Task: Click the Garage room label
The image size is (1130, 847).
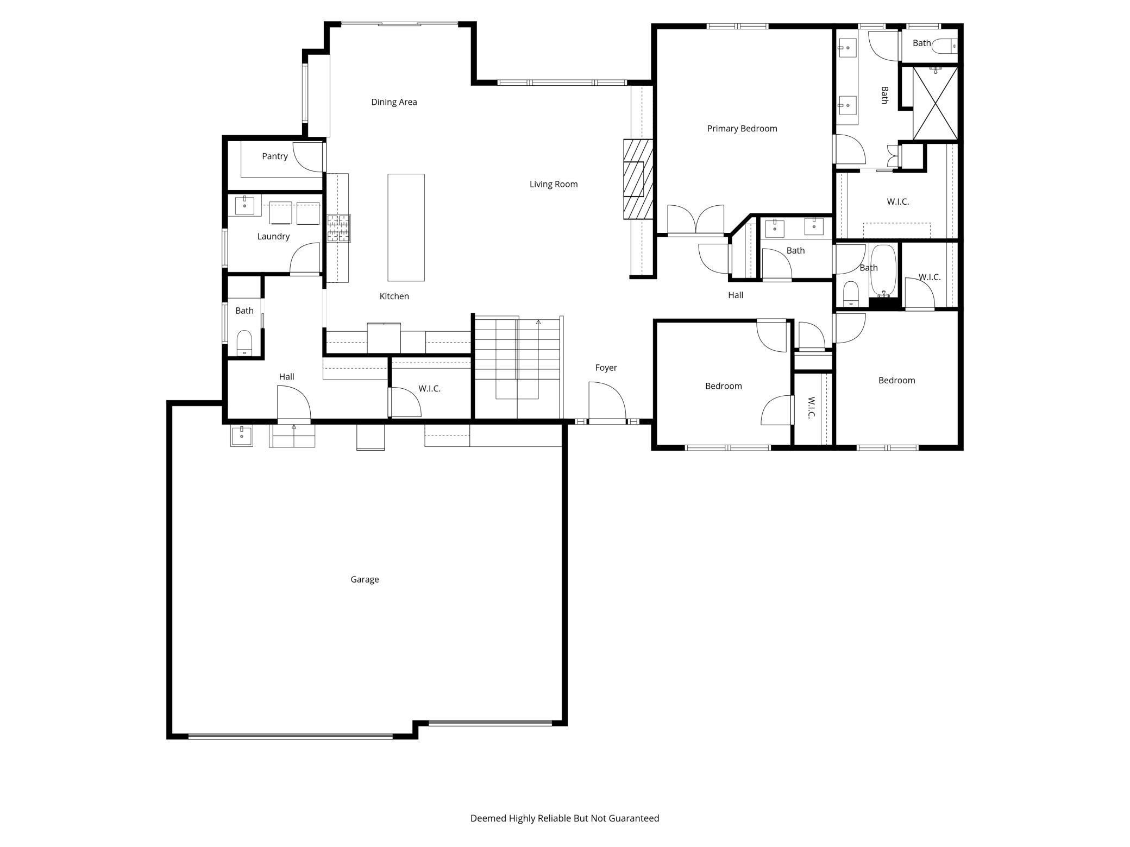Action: [365, 579]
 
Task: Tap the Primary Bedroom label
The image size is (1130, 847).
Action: [742, 129]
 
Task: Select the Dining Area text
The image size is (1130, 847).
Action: [394, 102]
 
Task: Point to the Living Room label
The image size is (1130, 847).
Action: [553, 184]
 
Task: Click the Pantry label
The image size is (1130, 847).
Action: [274, 156]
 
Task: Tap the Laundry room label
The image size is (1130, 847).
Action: [273, 236]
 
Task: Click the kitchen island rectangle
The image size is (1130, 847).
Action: [406, 227]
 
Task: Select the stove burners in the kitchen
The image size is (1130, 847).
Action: [338, 228]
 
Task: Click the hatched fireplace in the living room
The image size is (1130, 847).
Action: [637, 179]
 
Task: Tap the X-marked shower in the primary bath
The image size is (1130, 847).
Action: [935, 103]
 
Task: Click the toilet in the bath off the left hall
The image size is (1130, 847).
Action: [244, 342]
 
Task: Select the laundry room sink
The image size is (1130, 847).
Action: [244, 205]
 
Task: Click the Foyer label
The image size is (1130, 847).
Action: [606, 368]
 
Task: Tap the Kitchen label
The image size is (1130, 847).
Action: [394, 296]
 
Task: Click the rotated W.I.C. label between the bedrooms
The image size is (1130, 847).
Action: [811, 408]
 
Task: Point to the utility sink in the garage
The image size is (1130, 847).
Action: [241, 435]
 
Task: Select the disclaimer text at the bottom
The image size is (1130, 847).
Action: [564, 818]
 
